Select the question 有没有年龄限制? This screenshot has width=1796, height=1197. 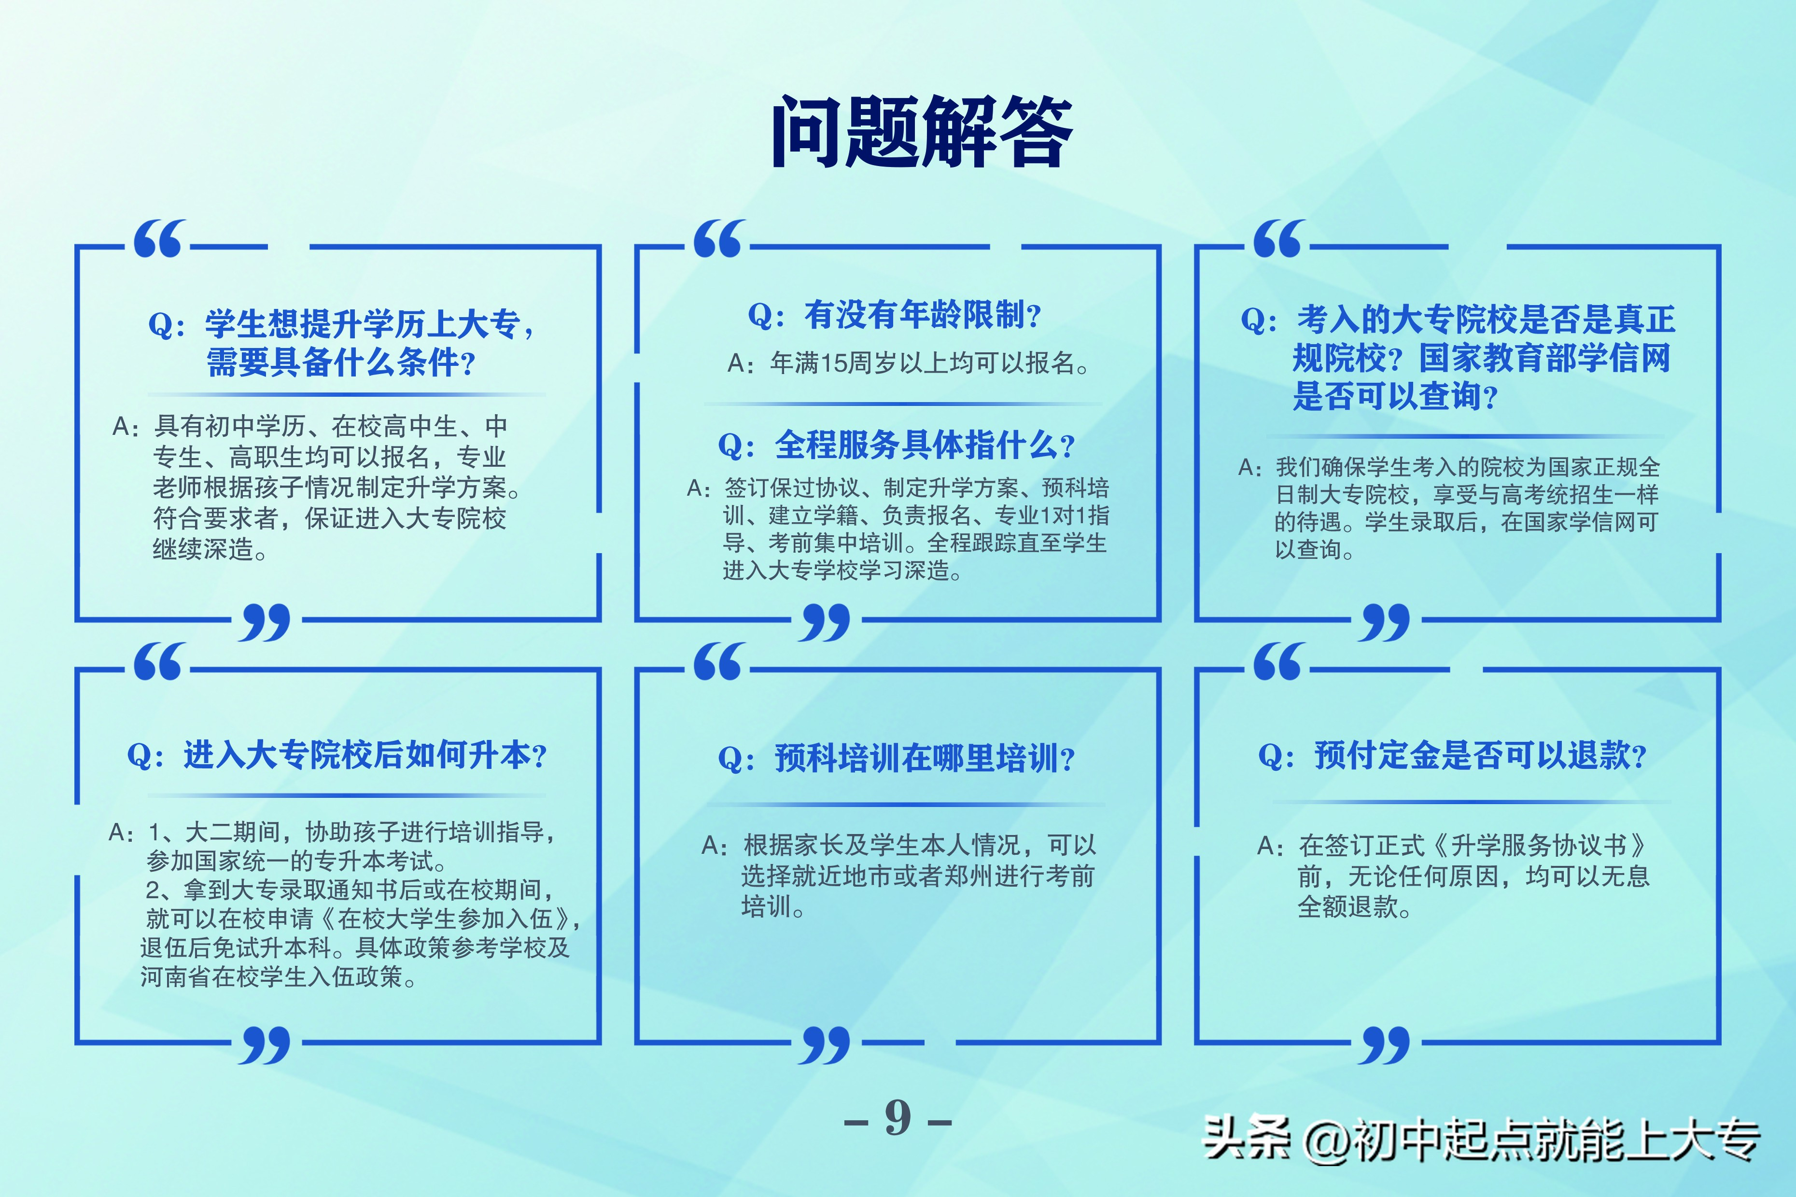coord(895,315)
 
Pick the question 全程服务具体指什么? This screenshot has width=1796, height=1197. coord(897,445)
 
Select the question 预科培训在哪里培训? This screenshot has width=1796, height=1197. coord(897,758)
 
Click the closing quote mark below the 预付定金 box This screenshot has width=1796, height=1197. coord(1384,1044)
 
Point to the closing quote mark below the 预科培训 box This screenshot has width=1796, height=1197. coord(824,1044)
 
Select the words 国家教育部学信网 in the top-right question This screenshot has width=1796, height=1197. coord(1544,358)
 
